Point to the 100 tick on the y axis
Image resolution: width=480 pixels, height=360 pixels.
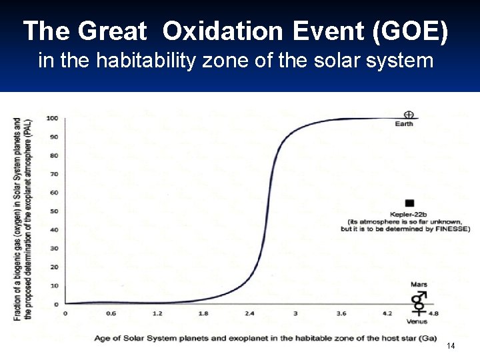pyautogui.click(x=51, y=118)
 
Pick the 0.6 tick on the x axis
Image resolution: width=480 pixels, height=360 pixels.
pyautogui.click(x=111, y=313)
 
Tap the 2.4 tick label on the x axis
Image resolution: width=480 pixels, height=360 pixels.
pyautogui.click(x=249, y=313)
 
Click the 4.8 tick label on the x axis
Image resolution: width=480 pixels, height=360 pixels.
pyautogui.click(x=433, y=313)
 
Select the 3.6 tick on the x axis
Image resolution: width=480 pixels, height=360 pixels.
pyautogui.click(x=341, y=313)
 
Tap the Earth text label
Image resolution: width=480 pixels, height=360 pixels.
pyautogui.click(x=404, y=124)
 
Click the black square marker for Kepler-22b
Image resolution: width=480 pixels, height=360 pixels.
pyautogui.click(x=409, y=203)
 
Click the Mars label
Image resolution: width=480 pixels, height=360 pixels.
pyautogui.click(x=419, y=285)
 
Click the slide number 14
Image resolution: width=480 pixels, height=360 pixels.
pyautogui.click(x=451, y=346)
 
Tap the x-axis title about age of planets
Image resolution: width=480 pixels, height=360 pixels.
pyautogui.click(x=265, y=338)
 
